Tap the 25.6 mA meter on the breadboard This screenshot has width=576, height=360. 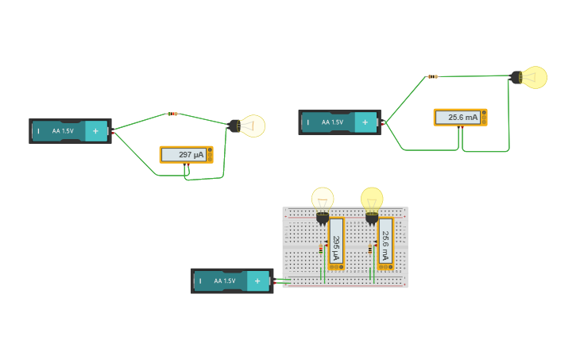pos(385,245)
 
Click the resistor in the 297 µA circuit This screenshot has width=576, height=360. pos(173,114)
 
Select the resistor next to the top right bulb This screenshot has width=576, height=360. pos(433,76)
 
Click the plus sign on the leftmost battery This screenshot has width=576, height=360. pos(95,131)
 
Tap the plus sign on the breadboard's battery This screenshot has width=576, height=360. pos(257,281)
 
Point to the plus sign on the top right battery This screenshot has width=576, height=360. pos(365,122)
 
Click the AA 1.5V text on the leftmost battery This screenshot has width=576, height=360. pos(63,131)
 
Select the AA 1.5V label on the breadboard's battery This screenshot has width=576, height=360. pos(225,281)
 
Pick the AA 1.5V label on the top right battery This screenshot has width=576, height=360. pos(332,122)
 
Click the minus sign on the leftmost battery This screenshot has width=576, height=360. pos(38,131)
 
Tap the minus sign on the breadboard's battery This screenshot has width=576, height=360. pos(200,281)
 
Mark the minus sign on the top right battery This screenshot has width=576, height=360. pos(307,122)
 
